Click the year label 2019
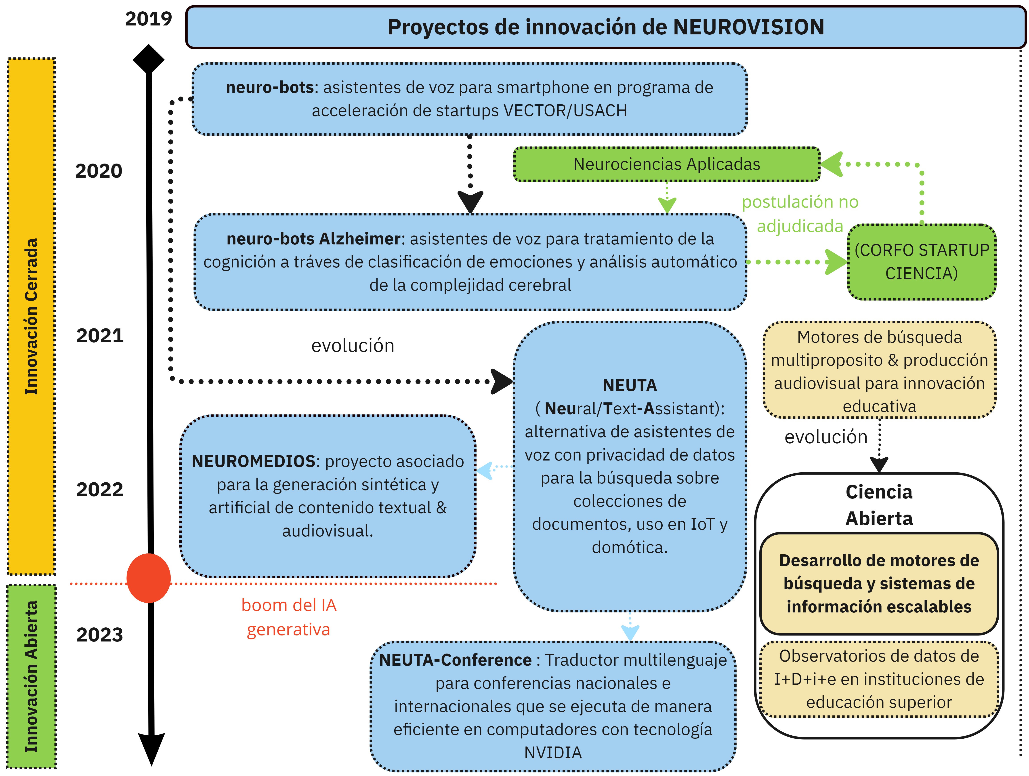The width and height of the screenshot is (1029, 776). tap(148, 19)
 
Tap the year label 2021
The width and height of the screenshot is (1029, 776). tap(100, 335)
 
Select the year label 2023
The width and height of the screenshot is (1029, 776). tap(100, 635)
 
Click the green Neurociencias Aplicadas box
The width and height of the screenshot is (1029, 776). tap(667, 164)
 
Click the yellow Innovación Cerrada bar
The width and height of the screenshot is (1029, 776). tap(31, 316)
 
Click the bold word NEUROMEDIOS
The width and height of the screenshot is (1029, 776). tap(254, 461)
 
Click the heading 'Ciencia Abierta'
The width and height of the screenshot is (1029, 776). tap(879, 505)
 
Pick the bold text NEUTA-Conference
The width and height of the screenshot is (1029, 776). tap(456, 660)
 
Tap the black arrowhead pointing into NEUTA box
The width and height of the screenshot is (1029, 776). tap(502, 381)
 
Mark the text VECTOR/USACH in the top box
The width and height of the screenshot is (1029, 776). tap(565, 111)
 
